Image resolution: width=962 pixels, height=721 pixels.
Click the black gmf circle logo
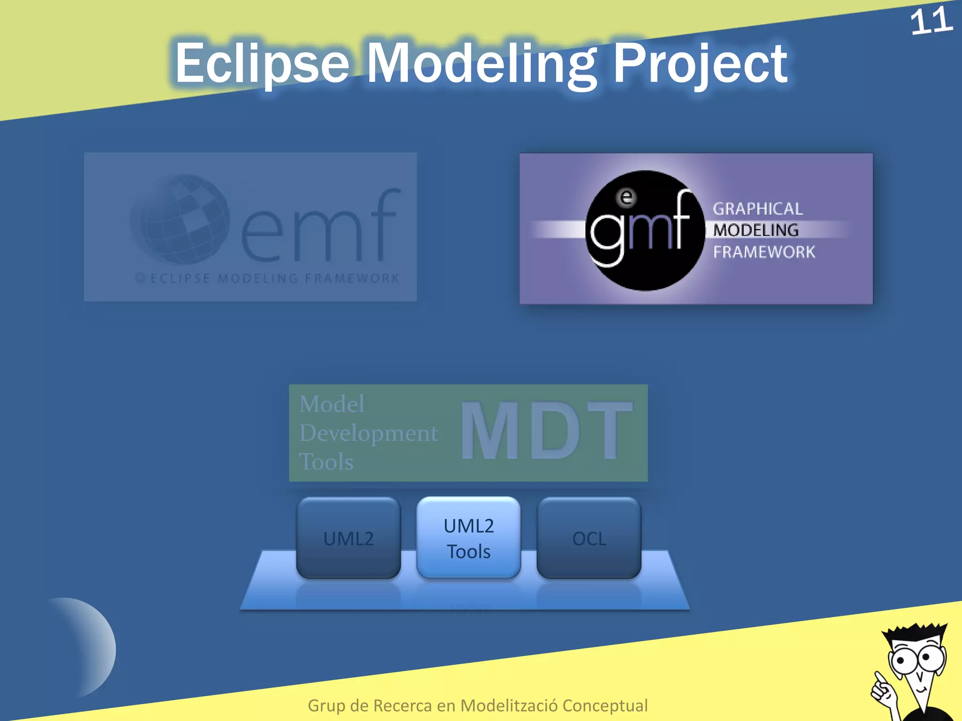tap(645, 230)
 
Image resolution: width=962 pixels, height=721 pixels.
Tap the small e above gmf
tap(626, 197)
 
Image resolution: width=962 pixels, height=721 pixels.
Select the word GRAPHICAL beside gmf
tap(758, 209)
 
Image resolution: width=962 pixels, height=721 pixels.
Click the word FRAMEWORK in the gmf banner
tap(764, 252)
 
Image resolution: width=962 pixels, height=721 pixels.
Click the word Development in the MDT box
tap(369, 433)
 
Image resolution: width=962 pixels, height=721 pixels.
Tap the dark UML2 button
tap(349, 538)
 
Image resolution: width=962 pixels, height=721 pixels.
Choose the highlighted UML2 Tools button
tap(468, 538)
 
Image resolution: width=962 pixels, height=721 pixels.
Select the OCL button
tap(589, 538)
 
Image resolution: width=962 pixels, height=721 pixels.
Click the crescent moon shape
tap(89, 648)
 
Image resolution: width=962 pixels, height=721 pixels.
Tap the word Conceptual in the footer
tap(605, 706)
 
